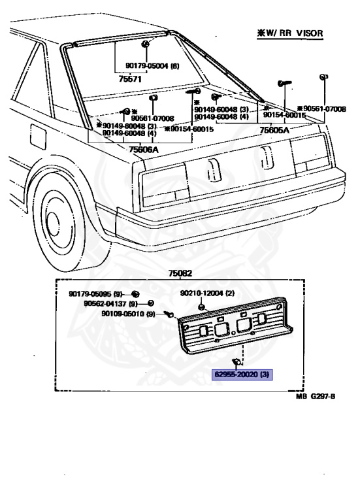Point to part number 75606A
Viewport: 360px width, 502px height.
tap(143, 149)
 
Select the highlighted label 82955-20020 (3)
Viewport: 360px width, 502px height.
tap(242, 375)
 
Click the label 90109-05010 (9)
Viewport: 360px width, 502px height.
tap(128, 314)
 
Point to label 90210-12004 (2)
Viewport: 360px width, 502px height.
tap(207, 293)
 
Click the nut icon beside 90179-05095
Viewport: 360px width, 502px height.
tap(136, 293)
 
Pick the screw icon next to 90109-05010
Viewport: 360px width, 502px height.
tap(169, 314)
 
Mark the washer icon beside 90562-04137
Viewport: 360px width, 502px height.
tap(151, 303)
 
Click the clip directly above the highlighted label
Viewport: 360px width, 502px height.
tap(236, 361)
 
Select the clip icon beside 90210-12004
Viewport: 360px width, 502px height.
tap(202, 305)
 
